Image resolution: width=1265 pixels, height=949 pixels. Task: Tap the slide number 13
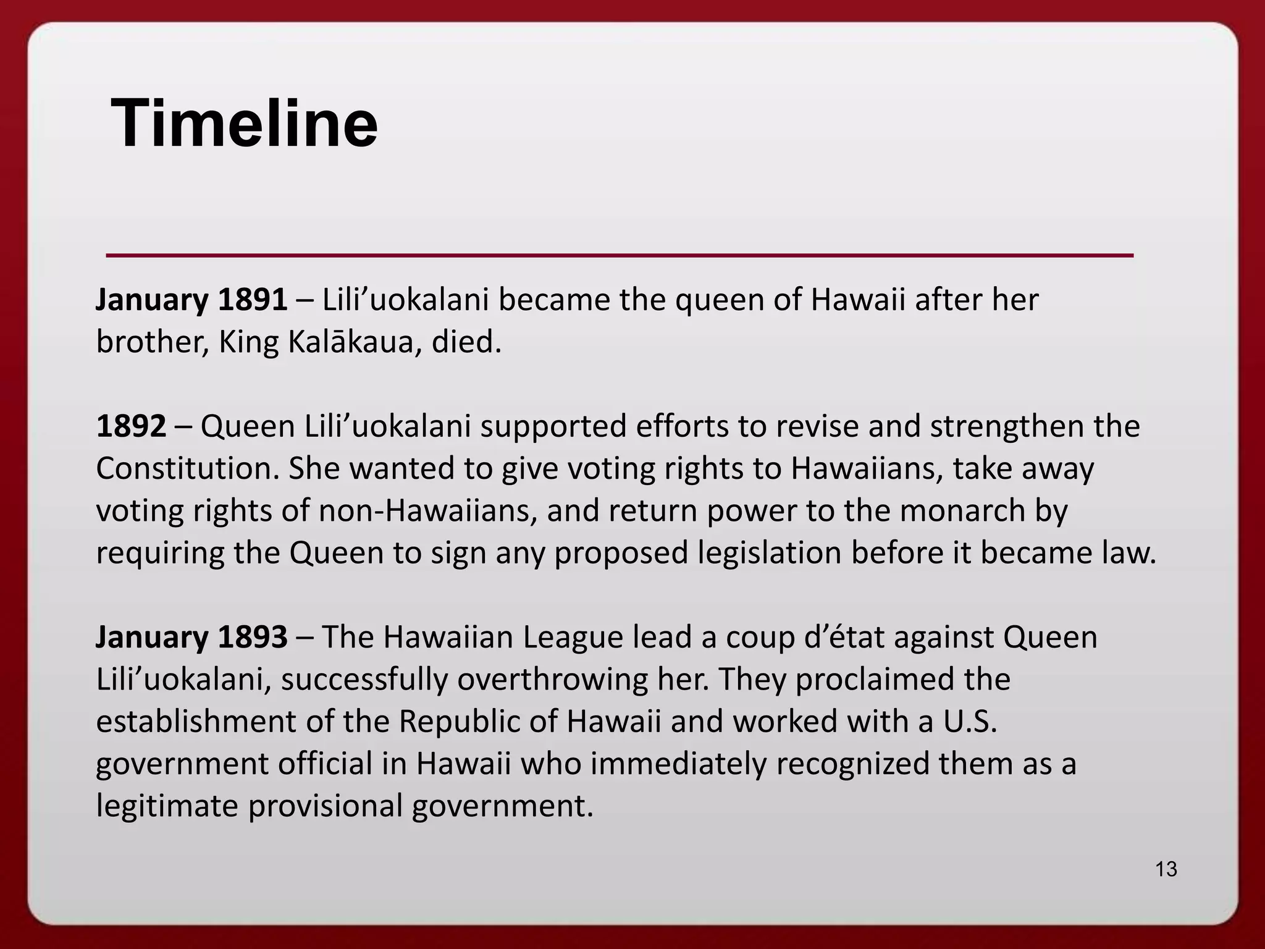[1166, 869]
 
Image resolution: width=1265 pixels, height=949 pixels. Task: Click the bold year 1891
[253, 300]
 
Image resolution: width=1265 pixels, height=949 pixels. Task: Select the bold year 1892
[131, 426]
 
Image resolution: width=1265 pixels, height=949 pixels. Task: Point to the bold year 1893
[253, 637]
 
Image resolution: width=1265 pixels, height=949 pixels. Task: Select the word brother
[151, 342]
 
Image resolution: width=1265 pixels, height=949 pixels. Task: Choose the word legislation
[770, 553]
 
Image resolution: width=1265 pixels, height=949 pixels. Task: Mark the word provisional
[325, 806]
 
